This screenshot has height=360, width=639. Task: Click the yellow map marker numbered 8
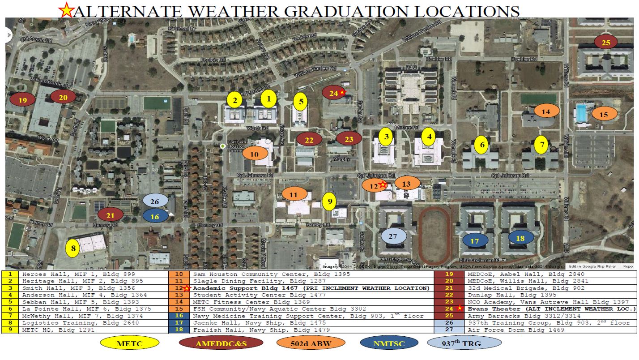pos(72,248)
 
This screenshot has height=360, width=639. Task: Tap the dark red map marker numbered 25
pos(606,43)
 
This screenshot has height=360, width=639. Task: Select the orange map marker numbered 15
pos(604,114)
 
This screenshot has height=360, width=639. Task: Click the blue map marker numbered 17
pos(474,240)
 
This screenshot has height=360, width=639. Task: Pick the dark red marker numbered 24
pos(334,93)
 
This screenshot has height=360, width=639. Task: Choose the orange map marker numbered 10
pos(255,154)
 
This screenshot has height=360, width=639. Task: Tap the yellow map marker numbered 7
pos(542,145)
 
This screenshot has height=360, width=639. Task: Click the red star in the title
pos(66,10)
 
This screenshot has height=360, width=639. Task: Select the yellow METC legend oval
pos(130,343)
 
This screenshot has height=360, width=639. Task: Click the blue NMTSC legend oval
pos(389,343)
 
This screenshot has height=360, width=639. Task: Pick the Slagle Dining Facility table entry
pos(238,281)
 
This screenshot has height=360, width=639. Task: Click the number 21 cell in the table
pos(447,288)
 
